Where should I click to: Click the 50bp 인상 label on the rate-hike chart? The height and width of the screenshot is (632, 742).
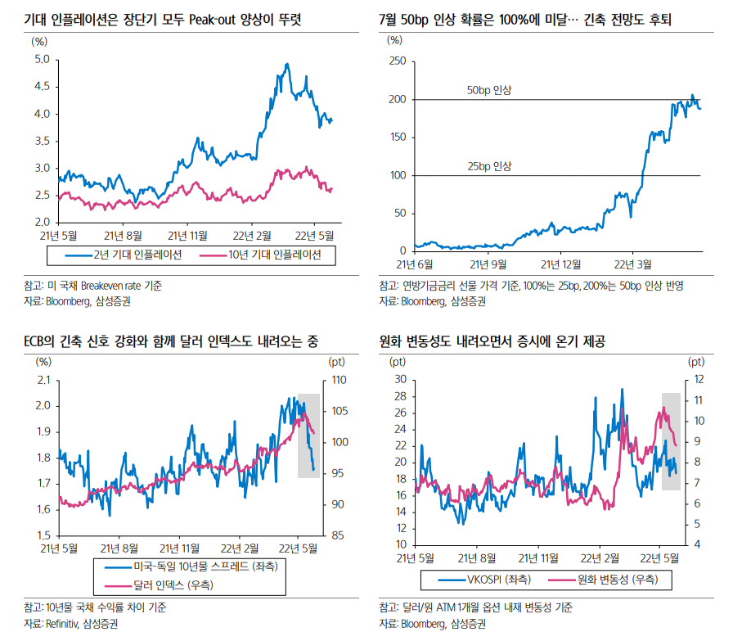click(488, 90)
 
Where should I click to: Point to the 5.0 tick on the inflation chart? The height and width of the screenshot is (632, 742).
click(42, 59)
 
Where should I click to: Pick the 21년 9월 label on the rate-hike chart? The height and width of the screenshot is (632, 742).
click(486, 264)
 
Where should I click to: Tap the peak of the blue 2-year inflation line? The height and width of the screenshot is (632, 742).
click(286, 64)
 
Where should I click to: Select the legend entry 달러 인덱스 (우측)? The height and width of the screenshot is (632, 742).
click(164, 585)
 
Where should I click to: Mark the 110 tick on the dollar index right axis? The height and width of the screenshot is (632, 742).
click(338, 380)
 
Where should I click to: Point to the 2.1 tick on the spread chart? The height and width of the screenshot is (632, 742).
click(42, 380)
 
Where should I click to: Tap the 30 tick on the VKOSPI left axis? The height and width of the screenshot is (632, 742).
click(400, 380)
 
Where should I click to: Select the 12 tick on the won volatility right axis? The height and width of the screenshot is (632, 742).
click(699, 380)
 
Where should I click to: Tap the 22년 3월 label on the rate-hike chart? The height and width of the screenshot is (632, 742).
click(633, 264)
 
